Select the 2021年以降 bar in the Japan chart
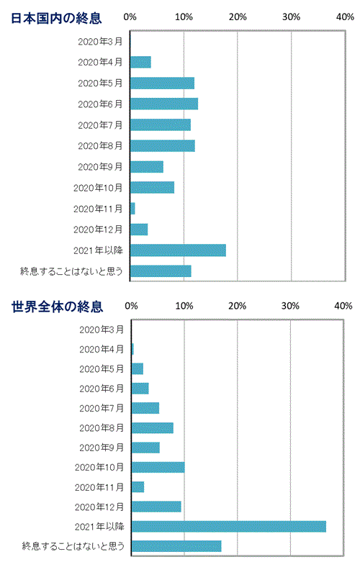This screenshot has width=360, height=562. pos(178,250)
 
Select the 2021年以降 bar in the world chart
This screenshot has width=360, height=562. pos(228,526)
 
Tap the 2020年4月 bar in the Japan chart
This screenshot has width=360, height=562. pos(140,62)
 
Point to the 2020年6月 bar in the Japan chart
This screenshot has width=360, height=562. pos(164,104)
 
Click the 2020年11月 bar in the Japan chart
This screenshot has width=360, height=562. pos(133,209)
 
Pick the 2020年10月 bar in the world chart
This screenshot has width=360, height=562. pos(158,467)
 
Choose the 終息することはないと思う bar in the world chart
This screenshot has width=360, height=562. pos(176,545)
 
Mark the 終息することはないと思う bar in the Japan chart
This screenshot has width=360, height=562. pos(161,271)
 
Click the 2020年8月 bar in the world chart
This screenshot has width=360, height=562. pos(152,428)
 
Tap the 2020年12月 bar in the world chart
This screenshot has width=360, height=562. pos(156,507)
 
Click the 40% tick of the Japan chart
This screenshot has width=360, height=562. pos(343,17)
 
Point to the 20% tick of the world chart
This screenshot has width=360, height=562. pos(237,307)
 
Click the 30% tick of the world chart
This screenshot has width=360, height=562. pos(290,307)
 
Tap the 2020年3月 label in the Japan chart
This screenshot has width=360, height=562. pos(99,42)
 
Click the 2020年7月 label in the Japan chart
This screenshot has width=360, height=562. pos(99,125)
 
